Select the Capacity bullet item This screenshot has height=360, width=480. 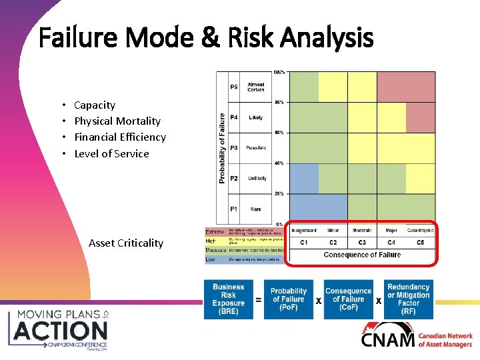[x=94, y=105]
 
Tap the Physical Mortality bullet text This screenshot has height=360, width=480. [x=117, y=121]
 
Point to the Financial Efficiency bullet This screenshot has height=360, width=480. [x=119, y=137]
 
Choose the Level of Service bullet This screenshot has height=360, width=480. [x=111, y=154]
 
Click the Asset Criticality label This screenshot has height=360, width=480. [x=125, y=243]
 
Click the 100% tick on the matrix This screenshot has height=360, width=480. [x=279, y=72]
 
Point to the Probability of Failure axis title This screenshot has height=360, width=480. [x=222, y=147]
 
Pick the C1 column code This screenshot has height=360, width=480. [x=304, y=243]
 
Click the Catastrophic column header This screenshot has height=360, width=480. [x=420, y=231]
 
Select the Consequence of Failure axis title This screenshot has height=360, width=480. [x=362, y=255]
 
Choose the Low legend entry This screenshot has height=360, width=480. [x=210, y=259]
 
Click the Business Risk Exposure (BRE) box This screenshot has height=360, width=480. [x=228, y=299]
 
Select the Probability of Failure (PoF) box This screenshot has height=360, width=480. [x=288, y=299]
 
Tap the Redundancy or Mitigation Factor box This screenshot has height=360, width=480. [x=408, y=299]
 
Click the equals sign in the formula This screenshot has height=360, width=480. [x=258, y=301]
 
